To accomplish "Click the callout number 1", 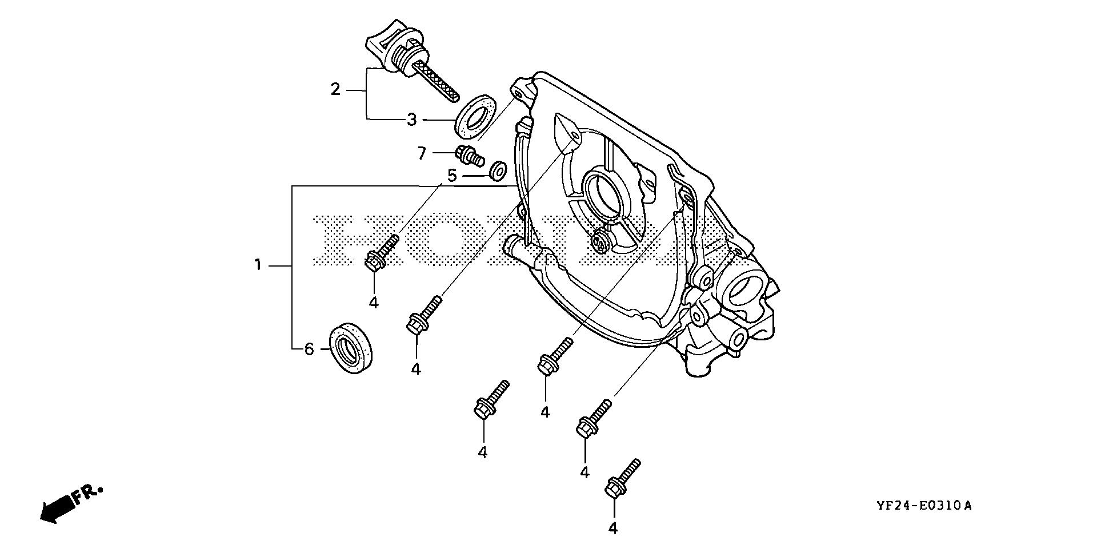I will pyautogui.click(x=258, y=265).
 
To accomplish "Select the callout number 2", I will pyautogui.click(x=335, y=89).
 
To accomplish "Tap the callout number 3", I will pyautogui.click(x=412, y=120).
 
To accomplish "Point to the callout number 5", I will pyautogui.click(x=452, y=176).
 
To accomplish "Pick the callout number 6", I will pyautogui.click(x=309, y=349).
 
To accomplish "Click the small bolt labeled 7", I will pyautogui.click(x=469, y=154).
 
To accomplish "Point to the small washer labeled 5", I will pyautogui.click(x=499, y=169).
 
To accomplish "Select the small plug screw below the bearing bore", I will pyautogui.click(x=600, y=243).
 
